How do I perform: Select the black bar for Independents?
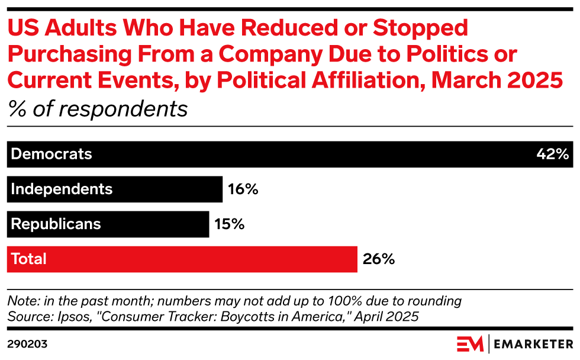click(x=166, y=189)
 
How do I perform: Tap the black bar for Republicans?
click(x=154, y=224)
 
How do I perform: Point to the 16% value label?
click(x=243, y=189)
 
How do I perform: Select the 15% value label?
click(x=229, y=224)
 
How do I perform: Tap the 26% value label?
click(x=378, y=259)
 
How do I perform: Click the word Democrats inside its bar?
click(x=52, y=155)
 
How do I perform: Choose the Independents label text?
click(x=62, y=189)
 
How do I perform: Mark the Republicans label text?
click(x=56, y=224)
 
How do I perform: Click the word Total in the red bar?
click(x=29, y=259)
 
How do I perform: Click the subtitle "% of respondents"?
click(x=97, y=109)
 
